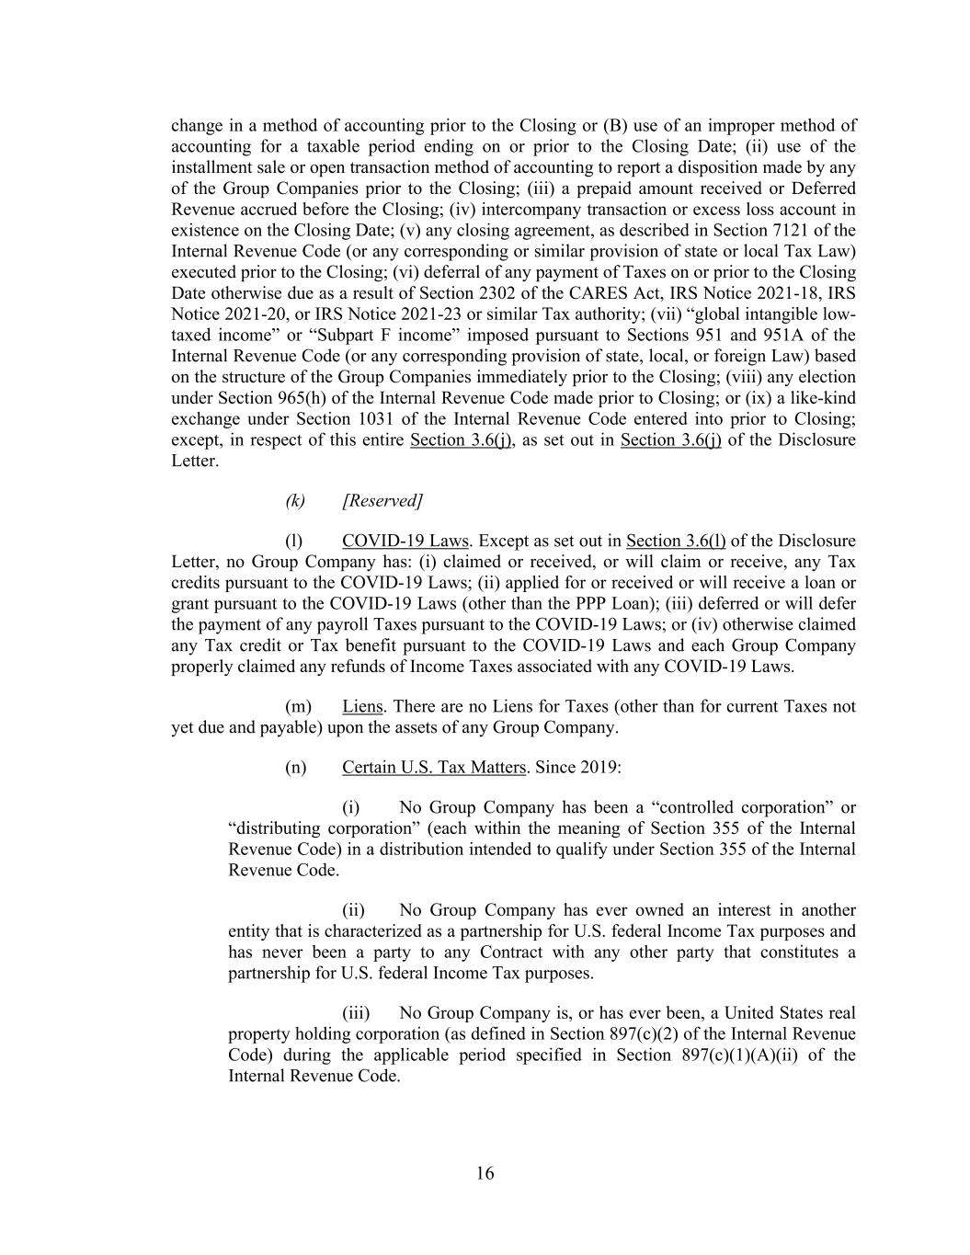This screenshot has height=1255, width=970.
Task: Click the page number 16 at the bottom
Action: click(485, 1173)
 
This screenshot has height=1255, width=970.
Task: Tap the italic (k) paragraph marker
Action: click(295, 500)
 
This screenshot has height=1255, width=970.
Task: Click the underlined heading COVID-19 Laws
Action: click(405, 541)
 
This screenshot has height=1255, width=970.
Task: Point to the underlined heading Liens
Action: click(362, 706)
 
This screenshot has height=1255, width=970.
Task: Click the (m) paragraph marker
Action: click(298, 706)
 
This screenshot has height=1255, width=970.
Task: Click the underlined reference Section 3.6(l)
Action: click(675, 541)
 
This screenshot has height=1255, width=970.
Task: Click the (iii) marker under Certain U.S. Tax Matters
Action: click(356, 1013)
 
